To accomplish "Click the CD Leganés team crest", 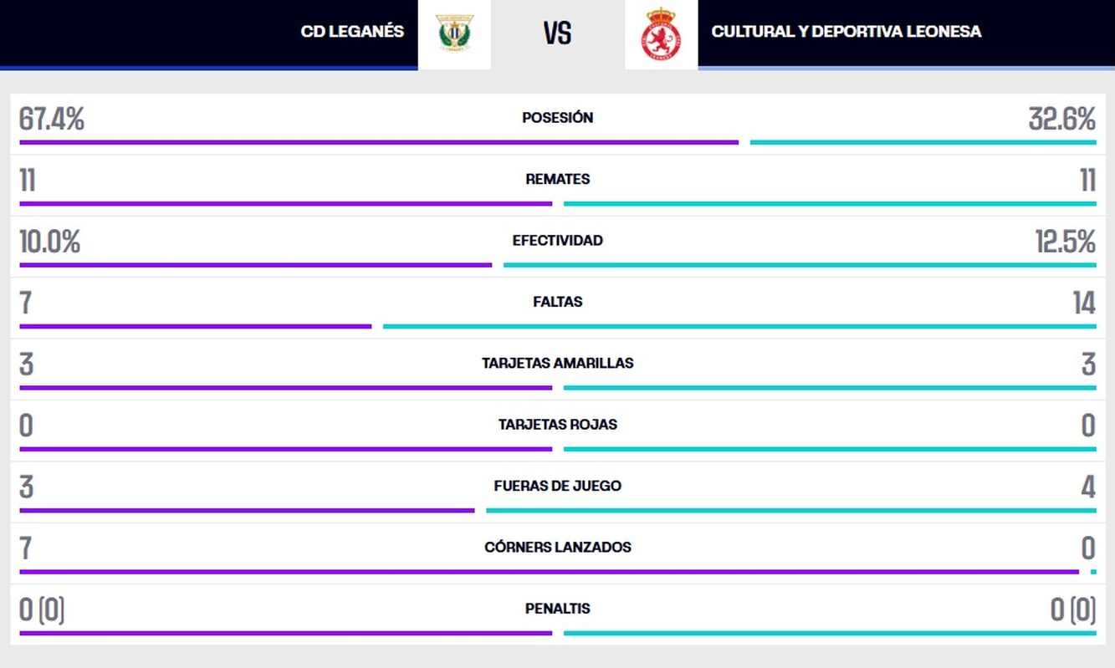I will coord(454,33).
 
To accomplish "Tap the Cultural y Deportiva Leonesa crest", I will coord(661,33).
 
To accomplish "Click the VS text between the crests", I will coord(557,33).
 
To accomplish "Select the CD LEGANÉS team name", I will coord(352,32).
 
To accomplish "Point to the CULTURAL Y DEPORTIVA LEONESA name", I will coord(846,32).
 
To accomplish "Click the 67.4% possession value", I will coord(52,120).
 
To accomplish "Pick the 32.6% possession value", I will coord(1061,120).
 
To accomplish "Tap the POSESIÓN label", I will coord(557,118).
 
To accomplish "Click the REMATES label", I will coord(557,179).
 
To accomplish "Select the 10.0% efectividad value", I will coord(50,242).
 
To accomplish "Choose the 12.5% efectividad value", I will coord(1065,242).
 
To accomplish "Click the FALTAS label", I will coord(557,302).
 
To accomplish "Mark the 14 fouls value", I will coord(1084,303).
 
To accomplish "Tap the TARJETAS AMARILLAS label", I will coord(557,363).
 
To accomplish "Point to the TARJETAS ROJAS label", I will coord(557,425).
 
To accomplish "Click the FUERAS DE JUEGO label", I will coord(557,486).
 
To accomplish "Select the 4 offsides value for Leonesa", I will coord(1087,487).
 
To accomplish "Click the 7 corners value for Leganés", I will coord(26,548).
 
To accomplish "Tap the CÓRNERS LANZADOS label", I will coord(557,548).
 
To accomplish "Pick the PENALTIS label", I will coord(557,609).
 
